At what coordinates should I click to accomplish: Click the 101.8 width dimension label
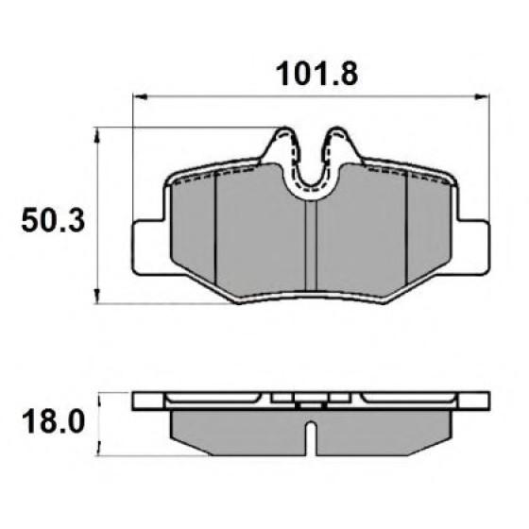pyautogui.click(x=316, y=74)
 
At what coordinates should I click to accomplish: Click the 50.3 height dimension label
pyautogui.click(x=53, y=220)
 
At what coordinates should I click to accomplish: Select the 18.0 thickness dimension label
pyautogui.click(x=53, y=422)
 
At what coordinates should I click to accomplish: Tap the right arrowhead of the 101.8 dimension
pyautogui.click(x=482, y=97)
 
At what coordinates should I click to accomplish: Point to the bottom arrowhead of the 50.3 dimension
pyautogui.click(x=97, y=297)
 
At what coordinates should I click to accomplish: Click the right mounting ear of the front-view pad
pyautogui.click(x=471, y=247)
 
